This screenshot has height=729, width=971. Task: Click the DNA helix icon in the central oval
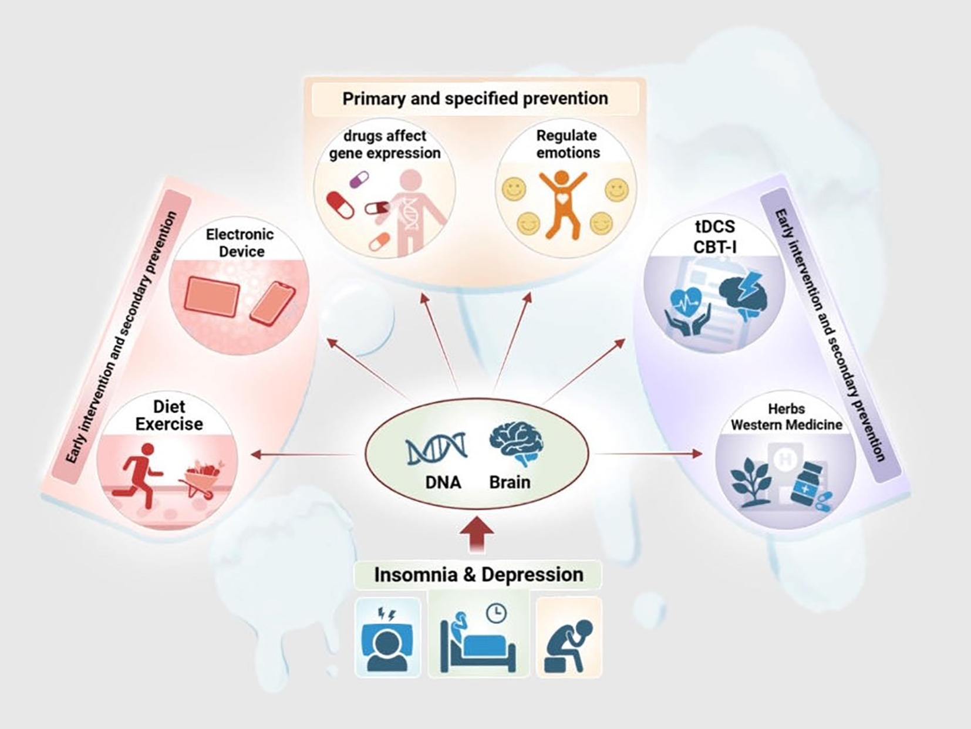pyautogui.click(x=436, y=449)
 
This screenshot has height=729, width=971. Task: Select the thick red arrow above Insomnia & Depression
pyautogui.click(x=476, y=534)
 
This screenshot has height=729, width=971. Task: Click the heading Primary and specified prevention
pyautogui.click(x=475, y=99)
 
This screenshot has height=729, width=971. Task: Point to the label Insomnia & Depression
pyautogui.click(x=478, y=575)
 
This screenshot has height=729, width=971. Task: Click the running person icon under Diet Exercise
pyautogui.click(x=141, y=474)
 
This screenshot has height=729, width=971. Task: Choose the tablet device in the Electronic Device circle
pyautogui.click(x=211, y=297)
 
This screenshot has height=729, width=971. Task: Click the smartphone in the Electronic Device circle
pyautogui.click(x=272, y=303)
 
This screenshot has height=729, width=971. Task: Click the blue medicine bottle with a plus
pyautogui.click(x=811, y=482)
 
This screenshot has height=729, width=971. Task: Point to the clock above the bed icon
pyautogui.click(x=496, y=613)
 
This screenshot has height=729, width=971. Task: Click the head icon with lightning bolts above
pyautogui.click(x=387, y=640)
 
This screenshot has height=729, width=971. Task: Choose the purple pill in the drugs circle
pyautogui.click(x=359, y=178)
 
